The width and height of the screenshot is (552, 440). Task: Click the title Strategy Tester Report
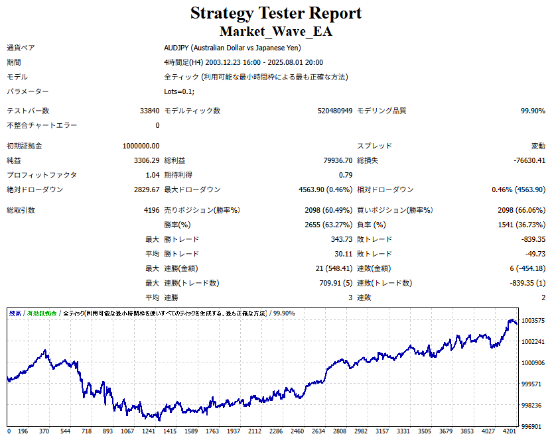276,13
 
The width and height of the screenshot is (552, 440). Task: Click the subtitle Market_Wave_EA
276,31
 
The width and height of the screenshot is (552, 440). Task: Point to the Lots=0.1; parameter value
179,91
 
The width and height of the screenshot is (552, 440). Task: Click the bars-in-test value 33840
149,111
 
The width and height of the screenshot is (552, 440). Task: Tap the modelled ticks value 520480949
334,111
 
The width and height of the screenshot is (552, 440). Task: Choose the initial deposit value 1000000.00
141,146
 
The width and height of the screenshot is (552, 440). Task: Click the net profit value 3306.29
146,160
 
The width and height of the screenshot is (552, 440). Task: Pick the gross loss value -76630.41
526,160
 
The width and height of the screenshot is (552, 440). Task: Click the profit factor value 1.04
152,175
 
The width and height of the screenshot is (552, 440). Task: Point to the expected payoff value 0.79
345,175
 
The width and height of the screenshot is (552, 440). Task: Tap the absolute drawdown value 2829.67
146,190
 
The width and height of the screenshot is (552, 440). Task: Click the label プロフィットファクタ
42,175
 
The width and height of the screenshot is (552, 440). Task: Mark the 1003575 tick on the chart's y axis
533,321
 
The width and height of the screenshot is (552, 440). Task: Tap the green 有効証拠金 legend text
42,313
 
